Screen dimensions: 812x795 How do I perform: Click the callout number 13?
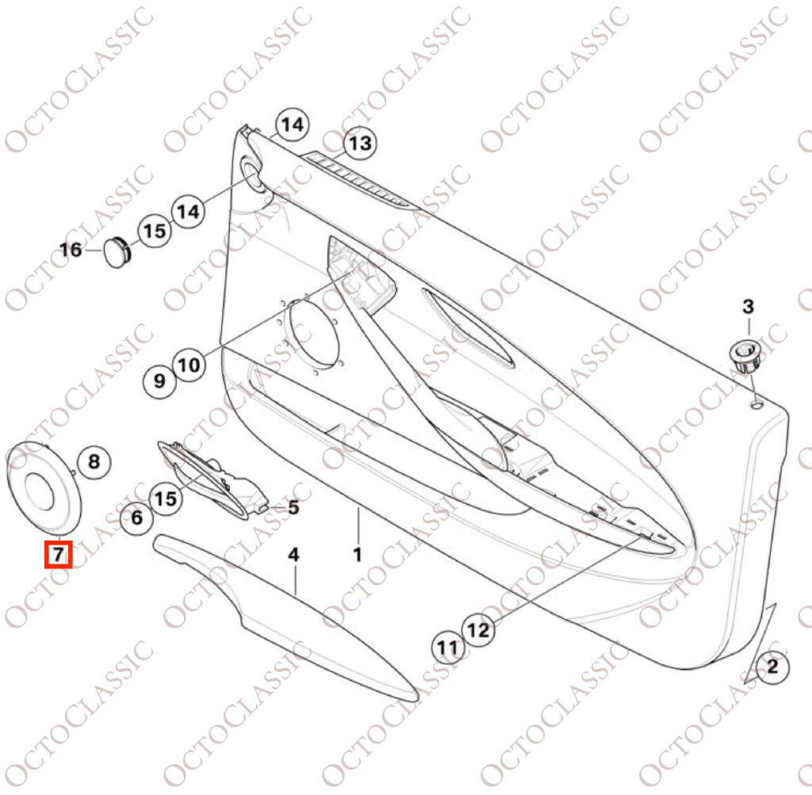360,143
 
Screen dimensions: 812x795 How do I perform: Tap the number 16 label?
71,250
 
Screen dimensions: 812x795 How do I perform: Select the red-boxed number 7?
58,554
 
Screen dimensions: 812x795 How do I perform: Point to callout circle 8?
94,461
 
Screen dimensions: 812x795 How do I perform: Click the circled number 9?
159,381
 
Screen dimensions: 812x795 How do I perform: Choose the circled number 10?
189,365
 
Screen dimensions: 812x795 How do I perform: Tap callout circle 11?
448,648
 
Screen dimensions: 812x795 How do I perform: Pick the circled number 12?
477,630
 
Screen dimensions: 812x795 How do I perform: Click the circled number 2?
772,666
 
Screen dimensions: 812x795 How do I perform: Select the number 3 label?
749,307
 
